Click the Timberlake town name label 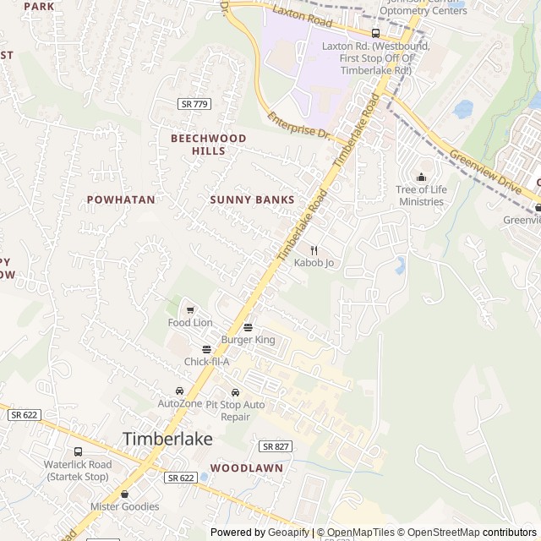click(x=167, y=440)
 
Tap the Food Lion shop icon click(x=190, y=310)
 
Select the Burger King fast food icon click(x=248, y=327)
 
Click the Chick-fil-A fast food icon click(x=206, y=349)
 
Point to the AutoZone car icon click(x=179, y=391)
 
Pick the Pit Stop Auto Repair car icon click(x=235, y=392)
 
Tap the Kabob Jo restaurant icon click(x=314, y=250)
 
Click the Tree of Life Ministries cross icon click(x=421, y=177)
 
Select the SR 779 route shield click(x=194, y=103)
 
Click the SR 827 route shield click(x=275, y=445)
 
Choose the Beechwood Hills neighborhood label click(x=208, y=145)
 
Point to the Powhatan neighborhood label click(x=121, y=199)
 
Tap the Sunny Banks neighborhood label click(x=252, y=199)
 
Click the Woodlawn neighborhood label click(x=247, y=467)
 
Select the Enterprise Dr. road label click(x=298, y=127)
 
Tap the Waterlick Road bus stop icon click(x=78, y=451)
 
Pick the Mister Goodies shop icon click(x=125, y=494)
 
